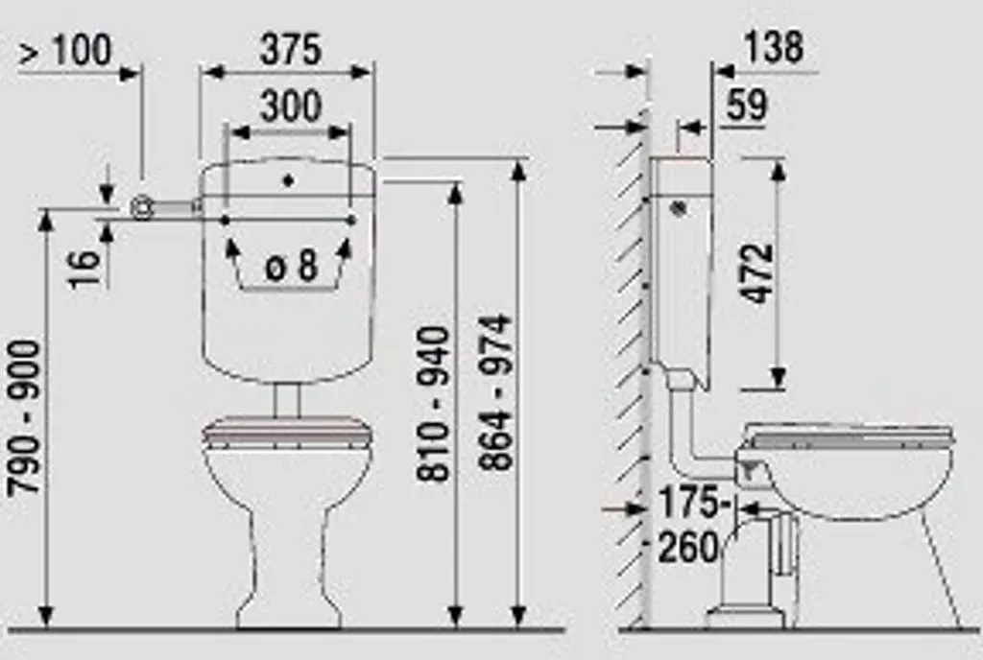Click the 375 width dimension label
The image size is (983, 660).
(290, 50)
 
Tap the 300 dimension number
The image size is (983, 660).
(291, 106)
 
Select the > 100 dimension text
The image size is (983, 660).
(65, 50)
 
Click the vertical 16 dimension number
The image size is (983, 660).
(85, 270)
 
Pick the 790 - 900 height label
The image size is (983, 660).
(25, 417)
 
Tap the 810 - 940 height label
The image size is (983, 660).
(434, 404)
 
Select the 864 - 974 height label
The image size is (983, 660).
(495, 392)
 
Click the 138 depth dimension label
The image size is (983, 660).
(773, 48)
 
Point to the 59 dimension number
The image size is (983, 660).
(747, 105)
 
